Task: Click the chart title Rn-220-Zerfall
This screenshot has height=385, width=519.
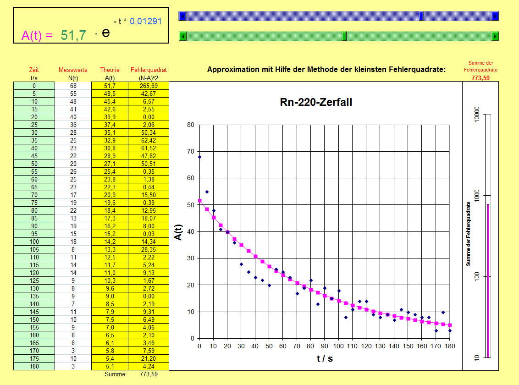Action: [x=316, y=102]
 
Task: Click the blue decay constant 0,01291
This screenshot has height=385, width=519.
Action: [x=146, y=21]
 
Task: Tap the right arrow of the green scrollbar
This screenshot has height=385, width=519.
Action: [x=495, y=36]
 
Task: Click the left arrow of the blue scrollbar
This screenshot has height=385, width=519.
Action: [x=182, y=16]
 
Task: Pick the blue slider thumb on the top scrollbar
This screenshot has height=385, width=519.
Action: [x=421, y=16]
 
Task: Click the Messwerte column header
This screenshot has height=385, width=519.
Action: [x=73, y=70]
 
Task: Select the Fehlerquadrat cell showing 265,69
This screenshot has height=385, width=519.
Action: [x=149, y=86]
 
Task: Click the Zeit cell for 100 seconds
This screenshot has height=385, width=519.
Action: [x=34, y=242]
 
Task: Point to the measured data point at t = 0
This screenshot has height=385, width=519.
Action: [x=199, y=157]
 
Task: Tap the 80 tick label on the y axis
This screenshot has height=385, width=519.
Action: [x=190, y=125]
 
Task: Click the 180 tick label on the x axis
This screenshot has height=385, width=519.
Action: [x=450, y=346]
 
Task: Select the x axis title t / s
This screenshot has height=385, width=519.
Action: [x=325, y=358]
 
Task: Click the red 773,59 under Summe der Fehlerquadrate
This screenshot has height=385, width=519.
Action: [x=480, y=78]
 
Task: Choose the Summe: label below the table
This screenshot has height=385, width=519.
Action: [x=116, y=374]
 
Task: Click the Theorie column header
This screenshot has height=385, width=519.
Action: [x=110, y=70]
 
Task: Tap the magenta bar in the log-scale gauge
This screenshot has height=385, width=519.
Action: [x=488, y=280]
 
